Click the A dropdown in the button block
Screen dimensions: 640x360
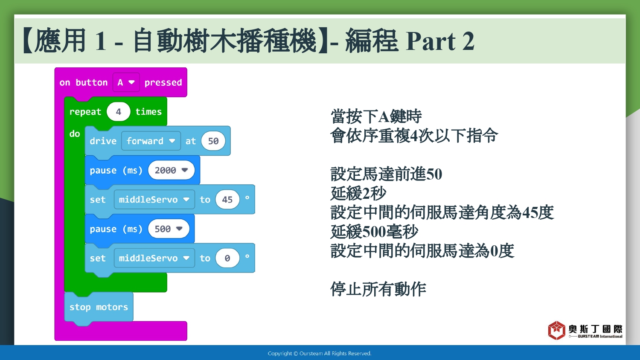pos(126,82)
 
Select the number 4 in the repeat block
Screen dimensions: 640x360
pos(118,111)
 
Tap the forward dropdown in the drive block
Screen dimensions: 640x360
pos(151,141)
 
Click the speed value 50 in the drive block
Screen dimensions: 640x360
pos(213,141)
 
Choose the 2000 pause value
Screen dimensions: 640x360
pos(171,170)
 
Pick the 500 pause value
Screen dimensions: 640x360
pos(169,229)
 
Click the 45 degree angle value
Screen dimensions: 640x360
pos(227,200)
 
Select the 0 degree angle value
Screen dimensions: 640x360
pos(227,258)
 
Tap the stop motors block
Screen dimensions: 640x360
pos(99,307)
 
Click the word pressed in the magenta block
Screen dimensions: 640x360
pos(163,83)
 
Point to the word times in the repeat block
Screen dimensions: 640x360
pos(148,111)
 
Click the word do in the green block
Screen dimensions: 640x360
pos(75,134)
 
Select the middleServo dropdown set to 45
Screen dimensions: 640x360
pos(154,200)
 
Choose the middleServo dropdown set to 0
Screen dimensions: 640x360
pos(154,258)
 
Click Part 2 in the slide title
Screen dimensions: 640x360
pos(440,41)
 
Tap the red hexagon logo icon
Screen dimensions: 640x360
pos(556,330)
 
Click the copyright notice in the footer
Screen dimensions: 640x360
pos(320,354)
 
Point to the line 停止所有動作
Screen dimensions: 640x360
pos(378,289)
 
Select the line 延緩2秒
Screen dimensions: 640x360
pos(358,193)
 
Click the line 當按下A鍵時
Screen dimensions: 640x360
pos(376,116)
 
